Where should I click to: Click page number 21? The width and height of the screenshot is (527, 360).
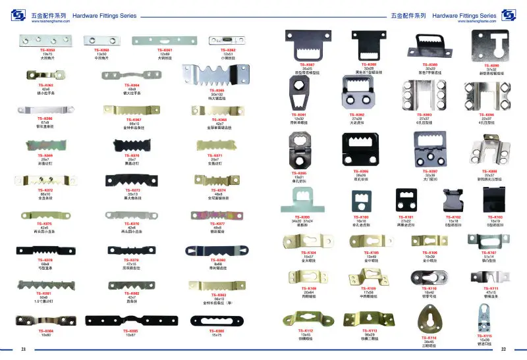pyautogui.click(x=23, y=349)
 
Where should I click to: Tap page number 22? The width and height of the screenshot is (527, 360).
pyautogui.click(x=503, y=349)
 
